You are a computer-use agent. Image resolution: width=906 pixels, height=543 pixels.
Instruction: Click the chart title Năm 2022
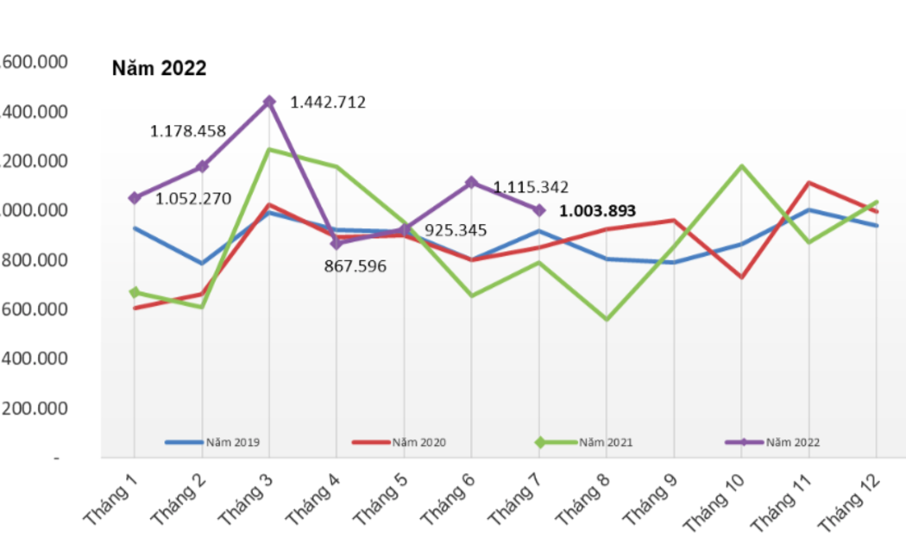pos(160,69)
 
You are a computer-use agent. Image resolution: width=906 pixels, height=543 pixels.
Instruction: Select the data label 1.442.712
pos(328,103)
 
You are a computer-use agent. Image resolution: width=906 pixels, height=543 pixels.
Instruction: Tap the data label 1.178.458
pos(188,132)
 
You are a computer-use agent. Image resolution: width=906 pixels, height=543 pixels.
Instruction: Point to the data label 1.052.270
pos(193,199)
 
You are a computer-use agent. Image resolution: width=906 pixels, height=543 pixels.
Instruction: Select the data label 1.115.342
pos(531,187)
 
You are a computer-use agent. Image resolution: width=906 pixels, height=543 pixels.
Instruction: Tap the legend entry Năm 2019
pos(232,442)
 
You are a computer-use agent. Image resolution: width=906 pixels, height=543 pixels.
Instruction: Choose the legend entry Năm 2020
pos(418,442)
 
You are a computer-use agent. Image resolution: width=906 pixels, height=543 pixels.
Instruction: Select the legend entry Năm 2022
pos(792,442)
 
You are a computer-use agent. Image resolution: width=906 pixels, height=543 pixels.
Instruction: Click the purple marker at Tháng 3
pos(269,102)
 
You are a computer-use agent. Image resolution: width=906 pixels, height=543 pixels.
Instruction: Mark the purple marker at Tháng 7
pos(539,210)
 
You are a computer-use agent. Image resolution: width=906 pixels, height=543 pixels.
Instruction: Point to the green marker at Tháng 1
pos(134,293)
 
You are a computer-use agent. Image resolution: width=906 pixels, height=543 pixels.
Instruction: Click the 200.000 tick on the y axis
pos(35,409)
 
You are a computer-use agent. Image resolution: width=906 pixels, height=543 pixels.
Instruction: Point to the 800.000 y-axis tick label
pos(35,260)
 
